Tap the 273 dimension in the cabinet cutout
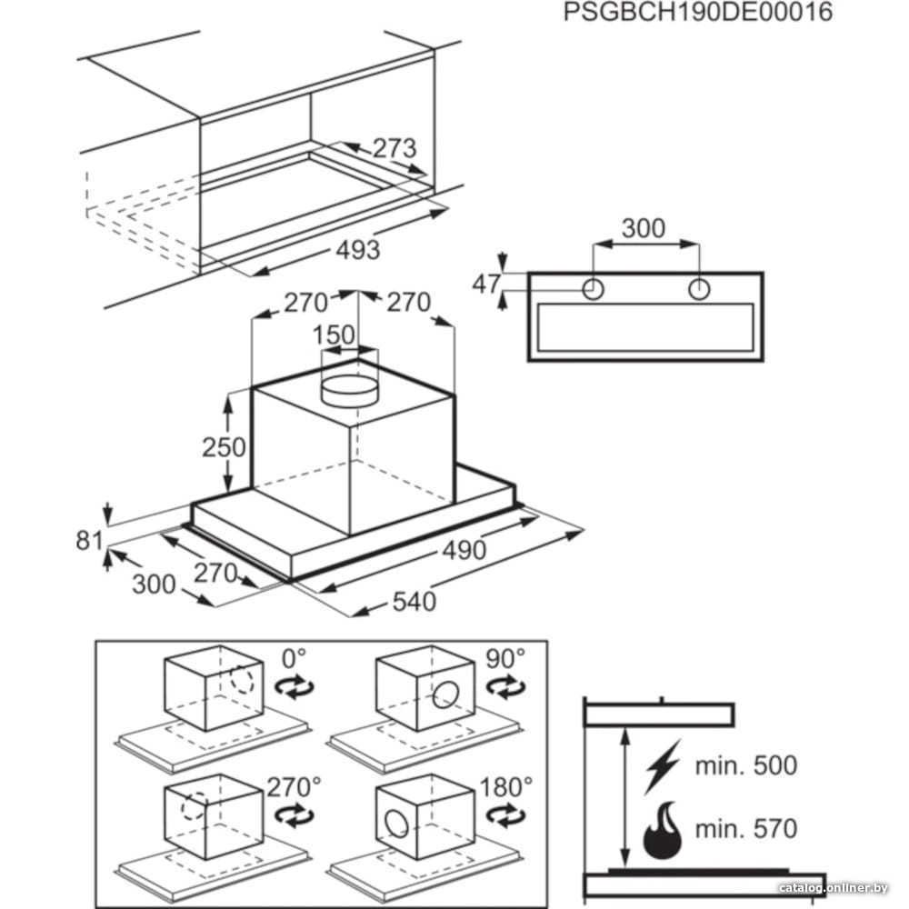point(393,147)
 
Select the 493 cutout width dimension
point(356,249)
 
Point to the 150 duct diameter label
point(334,335)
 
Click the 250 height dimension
point(225,447)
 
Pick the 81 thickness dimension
point(88,541)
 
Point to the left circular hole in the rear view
point(594,289)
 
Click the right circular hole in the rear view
point(699,289)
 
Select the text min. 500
point(745,764)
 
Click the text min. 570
point(745,828)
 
